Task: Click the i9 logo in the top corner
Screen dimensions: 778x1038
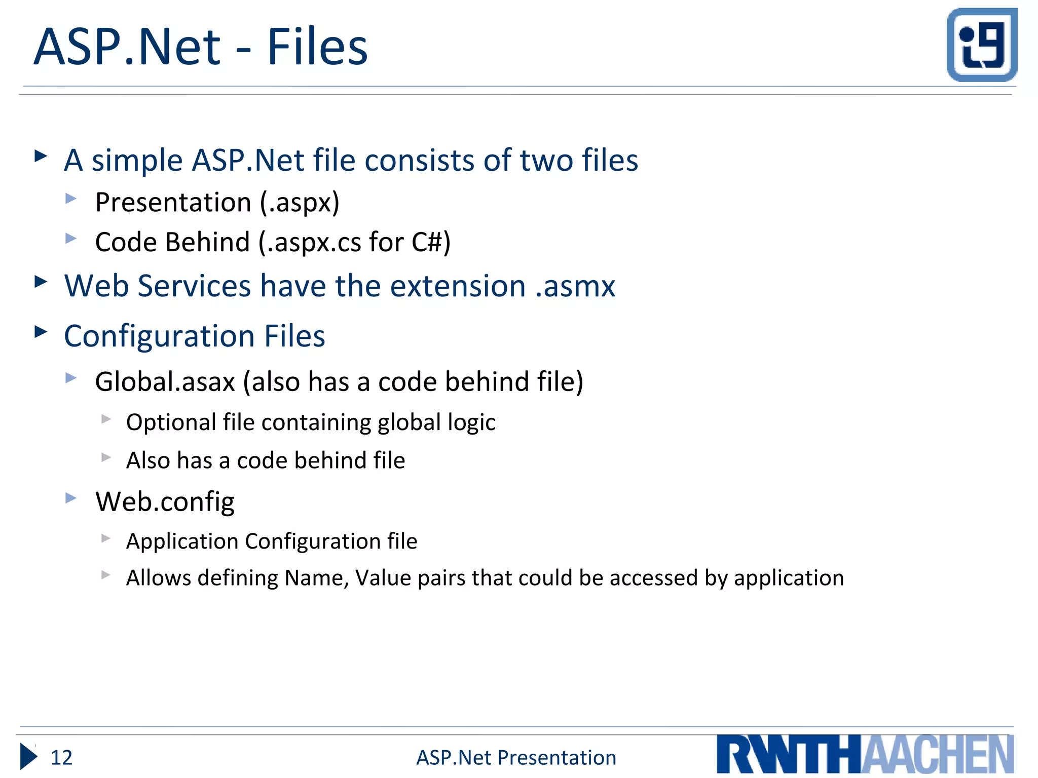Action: [x=982, y=45]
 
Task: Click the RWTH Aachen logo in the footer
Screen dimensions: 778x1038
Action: [x=865, y=754]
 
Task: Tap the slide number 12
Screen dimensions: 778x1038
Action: [x=61, y=758]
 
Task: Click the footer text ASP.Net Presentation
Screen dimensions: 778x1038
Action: [x=516, y=758]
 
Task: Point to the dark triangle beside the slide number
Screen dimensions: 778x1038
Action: [x=28, y=757]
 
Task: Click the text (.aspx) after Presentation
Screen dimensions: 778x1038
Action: [x=300, y=203]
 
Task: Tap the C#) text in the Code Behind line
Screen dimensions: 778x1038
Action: [x=431, y=242]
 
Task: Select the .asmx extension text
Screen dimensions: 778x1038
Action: [x=575, y=286]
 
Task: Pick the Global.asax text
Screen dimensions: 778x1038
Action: [x=165, y=382]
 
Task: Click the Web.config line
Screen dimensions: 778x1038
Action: [x=165, y=502]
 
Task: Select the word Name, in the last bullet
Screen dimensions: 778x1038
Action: [x=316, y=578]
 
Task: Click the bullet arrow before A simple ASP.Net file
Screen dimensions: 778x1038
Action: [x=41, y=155]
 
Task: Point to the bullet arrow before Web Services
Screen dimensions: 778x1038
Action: [x=41, y=282]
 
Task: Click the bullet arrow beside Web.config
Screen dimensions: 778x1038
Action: [x=71, y=498]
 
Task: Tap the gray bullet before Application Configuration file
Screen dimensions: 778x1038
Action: [x=105, y=538]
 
